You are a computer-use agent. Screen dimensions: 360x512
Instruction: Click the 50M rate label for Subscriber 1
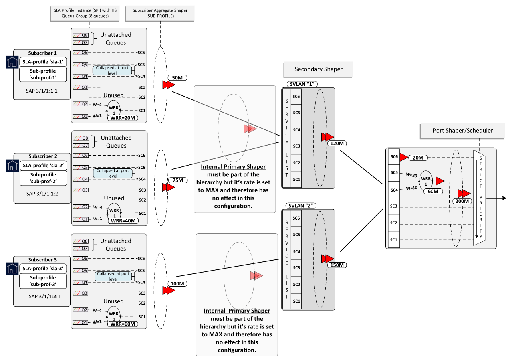[176, 78]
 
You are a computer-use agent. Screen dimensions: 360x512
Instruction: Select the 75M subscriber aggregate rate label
[177, 180]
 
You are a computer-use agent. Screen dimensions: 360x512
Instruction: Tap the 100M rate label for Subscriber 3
[177, 284]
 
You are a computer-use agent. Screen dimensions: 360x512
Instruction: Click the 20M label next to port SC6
[418, 158]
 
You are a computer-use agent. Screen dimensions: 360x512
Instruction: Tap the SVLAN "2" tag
[302, 206]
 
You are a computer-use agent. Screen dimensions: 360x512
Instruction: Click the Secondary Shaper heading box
[318, 69]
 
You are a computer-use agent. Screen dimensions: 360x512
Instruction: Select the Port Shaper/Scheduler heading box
[463, 131]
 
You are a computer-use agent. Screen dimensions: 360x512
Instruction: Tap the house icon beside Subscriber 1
[13, 62]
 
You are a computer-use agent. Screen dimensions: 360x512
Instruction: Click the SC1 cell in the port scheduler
[394, 239]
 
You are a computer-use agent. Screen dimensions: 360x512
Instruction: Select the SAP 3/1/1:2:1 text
[42, 297]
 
